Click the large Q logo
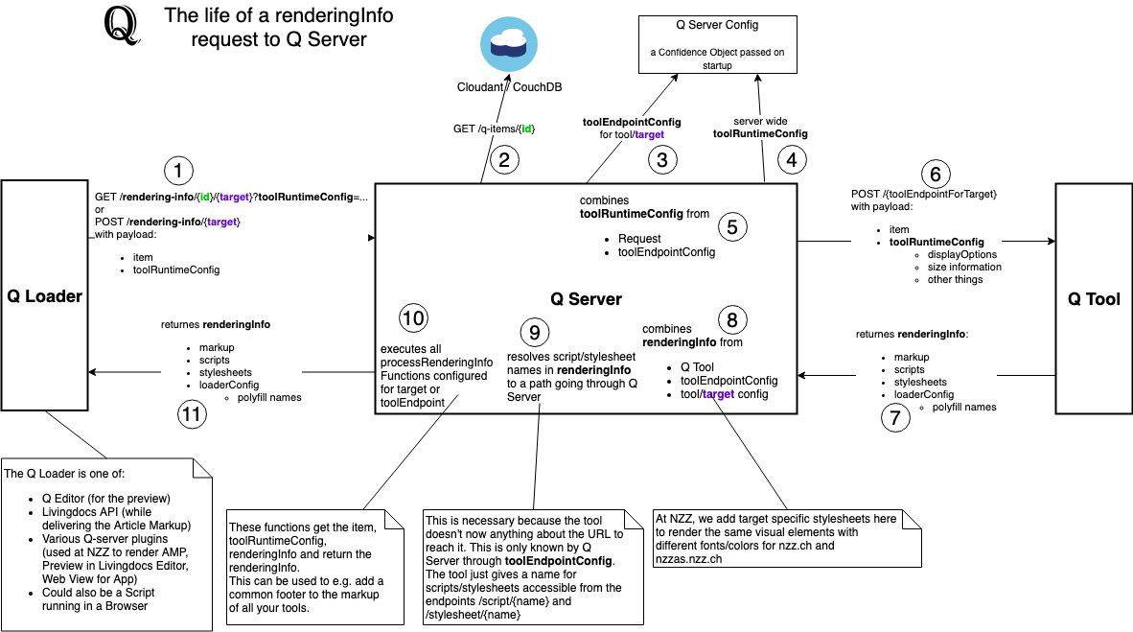click(121, 25)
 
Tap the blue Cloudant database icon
click(509, 44)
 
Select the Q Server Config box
click(718, 45)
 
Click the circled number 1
click(178, 172)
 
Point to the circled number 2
click(504, 160)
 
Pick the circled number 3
click(662, 160)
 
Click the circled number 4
click(792, 160)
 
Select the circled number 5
click(732, 227)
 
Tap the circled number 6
click(936, 175)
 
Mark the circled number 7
click(895, 417)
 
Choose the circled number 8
click(732, 319)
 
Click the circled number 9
click(535, 333)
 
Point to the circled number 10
click(413, 318)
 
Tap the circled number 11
click(192, 414)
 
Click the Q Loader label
click(45, 296)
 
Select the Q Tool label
click(1094, 299)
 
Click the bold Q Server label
click(586, 299)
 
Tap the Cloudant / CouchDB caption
click(509, 87)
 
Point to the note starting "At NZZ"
click(787, 539)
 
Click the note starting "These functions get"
click(315, 568)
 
